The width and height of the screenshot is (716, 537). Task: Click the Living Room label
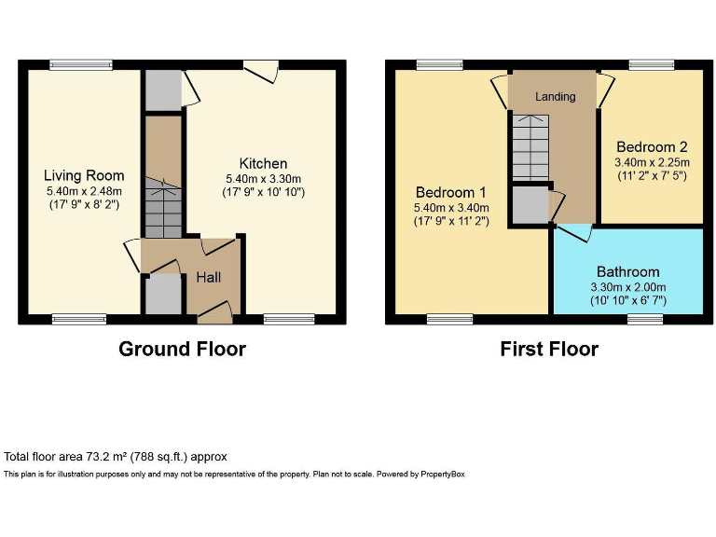(x=83, y=175)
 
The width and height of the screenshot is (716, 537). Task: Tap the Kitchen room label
(x=263, y=163)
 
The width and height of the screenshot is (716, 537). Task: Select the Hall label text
(x=208, y=277)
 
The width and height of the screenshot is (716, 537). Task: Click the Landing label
(x=555, y=96)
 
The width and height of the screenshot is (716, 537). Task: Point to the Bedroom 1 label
(x=452, y=192)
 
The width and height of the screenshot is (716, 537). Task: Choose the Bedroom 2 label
(x=652, y=146)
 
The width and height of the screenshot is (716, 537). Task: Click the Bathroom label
(x=627, y=272)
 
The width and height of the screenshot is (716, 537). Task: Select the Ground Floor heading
(x=182, y=349)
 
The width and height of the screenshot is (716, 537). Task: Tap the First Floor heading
(x=549, y=349)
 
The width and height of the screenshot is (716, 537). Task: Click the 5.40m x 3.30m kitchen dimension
(x=263, y=179)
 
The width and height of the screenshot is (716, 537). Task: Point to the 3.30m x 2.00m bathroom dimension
(x=627, y=287)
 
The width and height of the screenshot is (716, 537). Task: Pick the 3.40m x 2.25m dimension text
(x=652, y=161)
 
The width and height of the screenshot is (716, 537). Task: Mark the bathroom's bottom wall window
(x=644, y=319)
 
